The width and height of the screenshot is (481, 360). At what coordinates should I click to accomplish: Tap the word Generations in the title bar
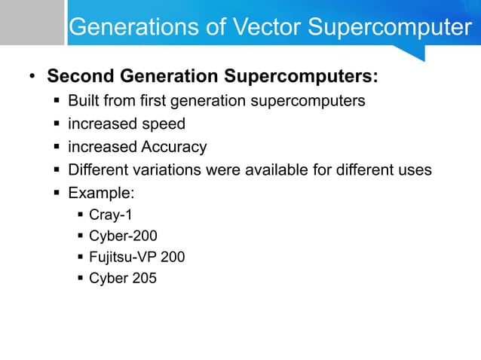tap(126, 28)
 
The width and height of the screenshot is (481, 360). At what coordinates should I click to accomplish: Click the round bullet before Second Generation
tap(32, 78)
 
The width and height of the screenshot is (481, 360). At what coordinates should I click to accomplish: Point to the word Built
tap(82, 101)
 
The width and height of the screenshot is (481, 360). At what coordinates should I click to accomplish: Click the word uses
tap(415, 169)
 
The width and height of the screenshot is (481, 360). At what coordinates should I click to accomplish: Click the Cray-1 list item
tap(111, 215)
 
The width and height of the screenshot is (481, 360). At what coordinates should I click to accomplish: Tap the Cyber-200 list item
tap(123, 236)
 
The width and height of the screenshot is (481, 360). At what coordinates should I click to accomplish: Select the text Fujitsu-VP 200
tap(136, 257)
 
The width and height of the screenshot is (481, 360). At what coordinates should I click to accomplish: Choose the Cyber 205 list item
tap(123, 278)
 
